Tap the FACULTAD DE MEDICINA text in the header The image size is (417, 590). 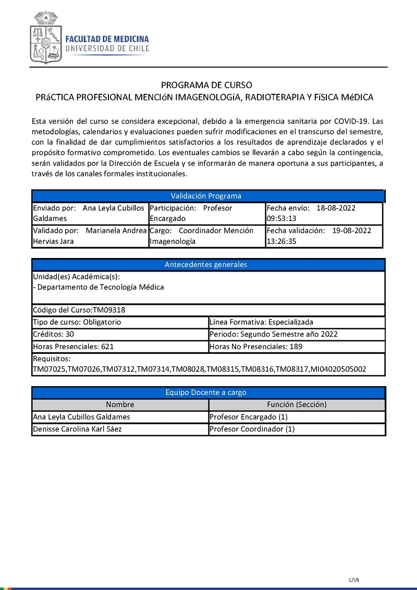(x=107, y=39)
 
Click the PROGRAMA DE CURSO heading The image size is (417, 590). (x=206, y=85)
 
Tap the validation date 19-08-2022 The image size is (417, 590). (x=351, y=230)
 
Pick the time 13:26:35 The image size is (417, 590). (x=281, y=241)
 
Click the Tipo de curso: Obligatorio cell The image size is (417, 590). (x=77, y=322)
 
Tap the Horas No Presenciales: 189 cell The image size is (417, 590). (x=255, y=346)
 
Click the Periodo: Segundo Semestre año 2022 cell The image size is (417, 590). (x=273, y=334)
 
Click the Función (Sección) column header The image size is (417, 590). (x=297, y=404)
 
